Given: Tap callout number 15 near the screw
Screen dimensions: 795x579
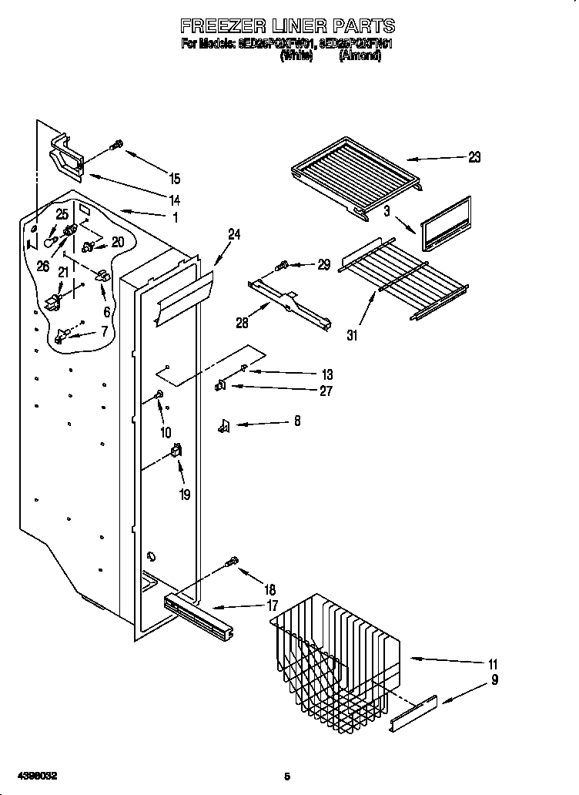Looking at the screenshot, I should point(175,179).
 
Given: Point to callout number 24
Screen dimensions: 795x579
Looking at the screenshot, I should point(234,235).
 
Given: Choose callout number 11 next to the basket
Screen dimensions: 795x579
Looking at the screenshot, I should point(493,664).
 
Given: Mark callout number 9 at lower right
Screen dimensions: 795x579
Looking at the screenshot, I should point(495,679).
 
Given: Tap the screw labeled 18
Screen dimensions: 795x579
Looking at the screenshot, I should point(232,565).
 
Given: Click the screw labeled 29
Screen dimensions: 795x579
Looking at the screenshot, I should point(282,266).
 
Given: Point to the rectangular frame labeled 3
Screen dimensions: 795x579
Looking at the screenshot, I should point(447,224).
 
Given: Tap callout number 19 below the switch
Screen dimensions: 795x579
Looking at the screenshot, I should point(185,495).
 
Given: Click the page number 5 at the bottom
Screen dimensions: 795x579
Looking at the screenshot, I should point(286,776).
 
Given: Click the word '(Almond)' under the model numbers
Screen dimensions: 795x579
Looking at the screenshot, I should point(360,56).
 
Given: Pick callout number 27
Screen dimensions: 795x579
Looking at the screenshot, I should point(326,391).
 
